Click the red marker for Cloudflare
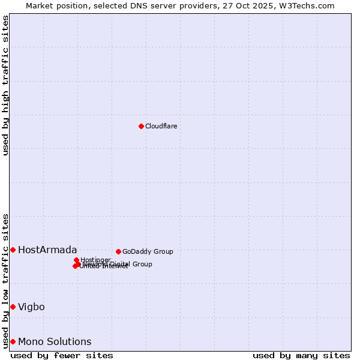point(141,126)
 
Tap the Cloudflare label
point(161,126)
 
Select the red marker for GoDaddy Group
point(118,251)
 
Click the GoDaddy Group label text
point(148,251)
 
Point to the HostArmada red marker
point(13,250)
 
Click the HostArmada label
point(47,250)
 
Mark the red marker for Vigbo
point(13,307)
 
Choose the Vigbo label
point(31,307)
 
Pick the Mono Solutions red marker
point(13,341)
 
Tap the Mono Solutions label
point(55,341)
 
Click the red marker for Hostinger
point(76,260)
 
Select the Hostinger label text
point(95,260)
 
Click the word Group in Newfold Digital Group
point(142,264)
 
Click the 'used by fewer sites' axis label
point(62,355)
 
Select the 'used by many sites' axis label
point(301,355)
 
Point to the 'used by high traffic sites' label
point(6,85)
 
